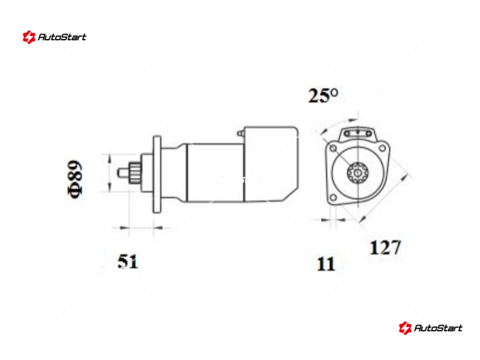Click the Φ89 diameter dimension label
tap(75, 179)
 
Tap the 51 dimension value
tap(128, 262)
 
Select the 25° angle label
tap(323, 95)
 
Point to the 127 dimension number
tap(385, 247)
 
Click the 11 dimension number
tap(326, 264)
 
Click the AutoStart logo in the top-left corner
tap(55, 37)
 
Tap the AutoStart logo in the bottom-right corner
tap(430, 328)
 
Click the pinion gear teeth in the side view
tap(134, 173)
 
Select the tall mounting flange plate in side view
tap(157, 174)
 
